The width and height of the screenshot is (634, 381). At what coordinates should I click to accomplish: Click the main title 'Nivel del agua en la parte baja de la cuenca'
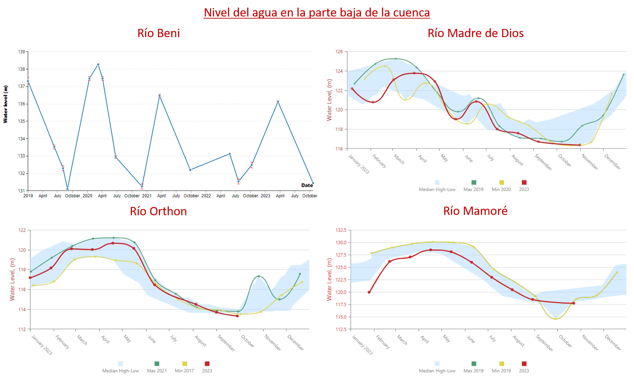317,12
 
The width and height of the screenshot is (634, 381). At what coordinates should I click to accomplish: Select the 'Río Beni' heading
158,33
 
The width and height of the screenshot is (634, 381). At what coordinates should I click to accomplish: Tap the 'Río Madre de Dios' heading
475,33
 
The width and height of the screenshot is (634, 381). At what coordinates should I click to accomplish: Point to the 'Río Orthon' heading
158,211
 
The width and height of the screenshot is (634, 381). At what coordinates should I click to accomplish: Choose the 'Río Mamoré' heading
475,211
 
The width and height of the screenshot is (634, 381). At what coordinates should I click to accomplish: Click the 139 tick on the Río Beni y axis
22,52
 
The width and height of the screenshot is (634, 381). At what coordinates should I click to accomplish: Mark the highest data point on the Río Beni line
98,64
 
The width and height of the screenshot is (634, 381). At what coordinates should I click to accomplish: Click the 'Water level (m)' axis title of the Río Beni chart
6,104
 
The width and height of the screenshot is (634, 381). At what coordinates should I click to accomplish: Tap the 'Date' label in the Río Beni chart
307,185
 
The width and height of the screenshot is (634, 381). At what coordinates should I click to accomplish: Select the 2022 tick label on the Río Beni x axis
206,196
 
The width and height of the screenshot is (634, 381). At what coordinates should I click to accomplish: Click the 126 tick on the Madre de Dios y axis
339,52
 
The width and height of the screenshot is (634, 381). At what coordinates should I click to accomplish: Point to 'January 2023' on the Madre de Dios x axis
359,164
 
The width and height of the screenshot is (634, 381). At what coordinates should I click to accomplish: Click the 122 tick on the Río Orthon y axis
22,230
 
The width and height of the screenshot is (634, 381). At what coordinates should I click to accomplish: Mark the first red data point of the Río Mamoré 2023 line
369,292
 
